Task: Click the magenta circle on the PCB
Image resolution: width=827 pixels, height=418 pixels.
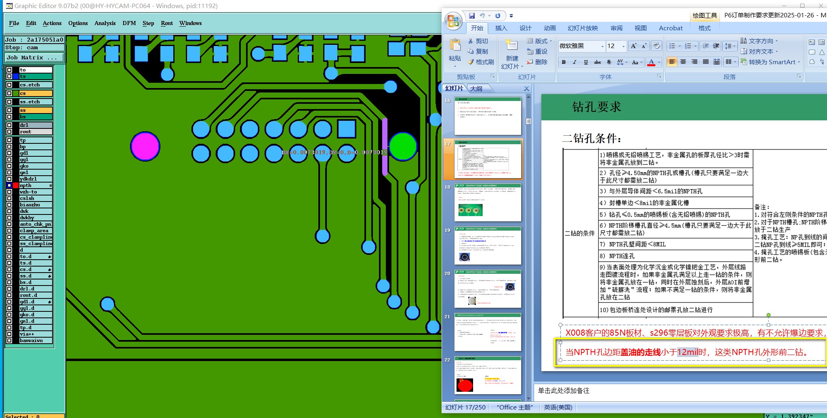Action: click(x=145, y=146)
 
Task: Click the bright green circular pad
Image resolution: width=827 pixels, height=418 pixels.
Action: click(x=402, y=146)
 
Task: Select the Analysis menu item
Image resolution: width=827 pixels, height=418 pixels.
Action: click(x=105, y=23)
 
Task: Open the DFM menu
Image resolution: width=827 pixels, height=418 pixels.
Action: click(x=129, y=23)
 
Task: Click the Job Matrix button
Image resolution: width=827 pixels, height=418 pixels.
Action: click(x=34, y=58)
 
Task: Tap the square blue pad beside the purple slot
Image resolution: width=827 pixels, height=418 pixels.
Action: click(x=346, y=129)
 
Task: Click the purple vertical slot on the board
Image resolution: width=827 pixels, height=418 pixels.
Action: click(x=385, y=146)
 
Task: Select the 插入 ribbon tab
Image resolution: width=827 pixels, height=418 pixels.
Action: click(x=501, y=28)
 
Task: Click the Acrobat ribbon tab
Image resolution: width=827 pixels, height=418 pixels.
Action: click(x=671, y=28)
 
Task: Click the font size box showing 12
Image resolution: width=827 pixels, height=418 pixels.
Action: click(x=612, y=46)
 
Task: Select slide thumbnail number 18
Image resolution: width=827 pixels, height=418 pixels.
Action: click(x=488, y=202)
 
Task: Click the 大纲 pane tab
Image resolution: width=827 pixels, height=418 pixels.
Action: click(x=476, y=88)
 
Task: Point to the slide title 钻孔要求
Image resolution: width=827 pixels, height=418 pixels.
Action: click(x=596, y=107)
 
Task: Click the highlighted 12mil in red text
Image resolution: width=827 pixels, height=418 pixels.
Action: click(x=688, y=352)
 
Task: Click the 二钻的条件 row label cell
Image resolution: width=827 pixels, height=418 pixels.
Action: click(x=580, y=233)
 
